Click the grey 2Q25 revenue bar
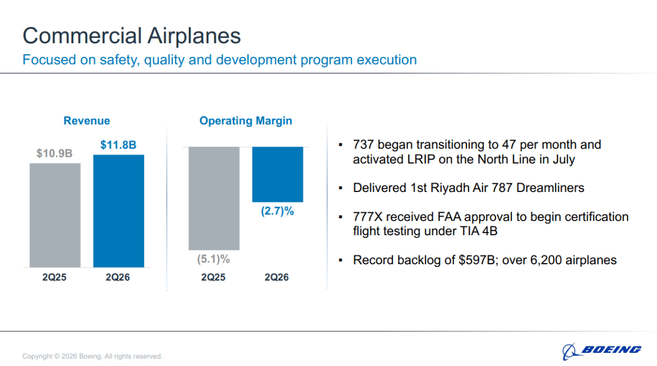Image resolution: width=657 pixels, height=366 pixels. tap(55, 215)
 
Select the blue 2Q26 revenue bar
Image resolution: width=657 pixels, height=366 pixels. tap(118, 211)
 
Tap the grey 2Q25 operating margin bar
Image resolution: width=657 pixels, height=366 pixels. tap(214, 199)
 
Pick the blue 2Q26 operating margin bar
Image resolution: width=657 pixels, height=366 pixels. tap(278, 175)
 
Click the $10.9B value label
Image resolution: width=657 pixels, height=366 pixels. tap(54, 153)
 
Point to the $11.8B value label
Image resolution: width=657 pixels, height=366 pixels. tap(118, 145)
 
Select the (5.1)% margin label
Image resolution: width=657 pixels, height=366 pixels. tap(213, 259)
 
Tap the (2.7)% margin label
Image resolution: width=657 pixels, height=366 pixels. tap(278, 211)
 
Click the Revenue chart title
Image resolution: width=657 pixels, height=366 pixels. tap(87, 121)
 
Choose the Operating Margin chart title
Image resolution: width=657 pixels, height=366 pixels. tap(246, 121)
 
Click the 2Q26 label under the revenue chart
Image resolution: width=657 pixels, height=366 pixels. tap(118, 277)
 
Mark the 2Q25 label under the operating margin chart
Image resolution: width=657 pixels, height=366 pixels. tap(213, 277)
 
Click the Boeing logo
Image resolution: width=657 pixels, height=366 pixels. tap(602, 351)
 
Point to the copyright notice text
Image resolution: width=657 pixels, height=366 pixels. tap(93, 356)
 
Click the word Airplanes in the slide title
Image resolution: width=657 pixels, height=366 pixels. tap(194, 36)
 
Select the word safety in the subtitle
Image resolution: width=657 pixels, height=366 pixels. tap(120, 60)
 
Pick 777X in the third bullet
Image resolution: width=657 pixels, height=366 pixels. tap(368, 217)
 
